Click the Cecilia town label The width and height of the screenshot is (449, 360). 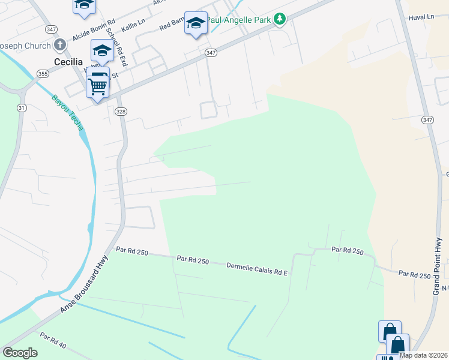coord(64,62)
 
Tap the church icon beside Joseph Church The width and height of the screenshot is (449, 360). coord(59,45)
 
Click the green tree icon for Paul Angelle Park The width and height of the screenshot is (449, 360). coord(279,19)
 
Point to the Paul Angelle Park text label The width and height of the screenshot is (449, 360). coord(239,19)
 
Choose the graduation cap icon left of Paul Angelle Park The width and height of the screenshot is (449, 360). coord(196,23)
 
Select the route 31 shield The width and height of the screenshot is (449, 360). coord(22,108)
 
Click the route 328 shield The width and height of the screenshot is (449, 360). coord(121,111)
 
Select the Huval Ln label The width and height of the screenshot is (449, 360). coord(421,17)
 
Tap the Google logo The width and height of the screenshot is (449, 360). coord(20,353)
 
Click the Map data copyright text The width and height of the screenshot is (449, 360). coord(423,355)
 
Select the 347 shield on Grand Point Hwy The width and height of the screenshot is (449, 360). coord(427,120)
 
